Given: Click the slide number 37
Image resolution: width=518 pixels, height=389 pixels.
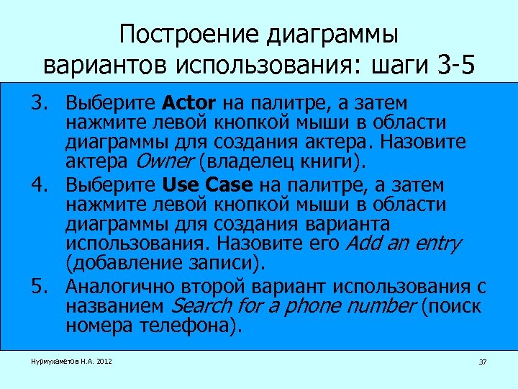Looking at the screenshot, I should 483,362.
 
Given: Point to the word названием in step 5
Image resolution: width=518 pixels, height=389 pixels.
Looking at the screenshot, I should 117,306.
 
